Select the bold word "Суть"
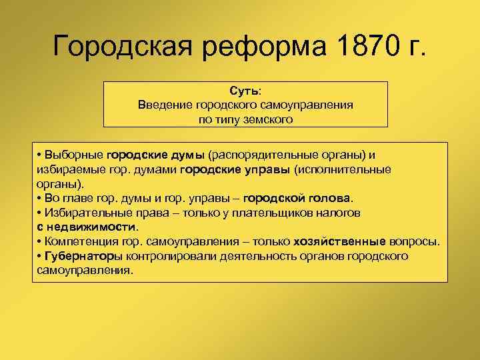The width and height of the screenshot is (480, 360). point(244,90)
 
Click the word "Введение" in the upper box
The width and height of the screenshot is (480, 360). point(165,105)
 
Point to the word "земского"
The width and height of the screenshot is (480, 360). point(269,119)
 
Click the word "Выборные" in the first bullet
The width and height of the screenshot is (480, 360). point(73,155)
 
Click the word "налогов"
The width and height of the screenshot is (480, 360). point(338,213)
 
